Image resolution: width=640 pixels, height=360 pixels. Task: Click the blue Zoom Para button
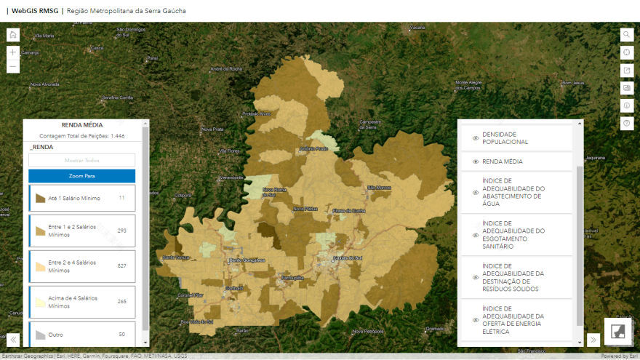[81, 176]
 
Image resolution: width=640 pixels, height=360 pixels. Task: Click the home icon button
[13, 34]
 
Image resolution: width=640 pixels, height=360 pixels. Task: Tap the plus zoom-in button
[13, 52]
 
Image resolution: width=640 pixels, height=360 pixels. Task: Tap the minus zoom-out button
[13, 67]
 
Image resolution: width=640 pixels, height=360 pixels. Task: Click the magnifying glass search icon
[626, 34]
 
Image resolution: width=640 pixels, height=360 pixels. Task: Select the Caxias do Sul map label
[347, 257]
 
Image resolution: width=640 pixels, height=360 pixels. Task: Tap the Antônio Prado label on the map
[313, 148]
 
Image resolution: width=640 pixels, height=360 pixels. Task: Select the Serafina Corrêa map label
[118, 97]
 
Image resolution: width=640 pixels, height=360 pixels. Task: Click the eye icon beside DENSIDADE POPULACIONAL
[476, 137]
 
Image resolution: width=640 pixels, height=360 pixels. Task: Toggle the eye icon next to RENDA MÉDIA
[476, 161]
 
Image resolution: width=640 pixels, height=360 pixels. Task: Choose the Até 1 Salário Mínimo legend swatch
[40, 198]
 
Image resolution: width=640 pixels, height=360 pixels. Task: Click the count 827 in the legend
[121, 265]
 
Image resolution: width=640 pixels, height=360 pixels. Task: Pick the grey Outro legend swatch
[40, 335]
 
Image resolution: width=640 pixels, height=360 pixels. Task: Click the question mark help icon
[626, 124]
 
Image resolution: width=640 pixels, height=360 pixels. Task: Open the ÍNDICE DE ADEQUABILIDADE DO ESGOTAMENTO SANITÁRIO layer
[516, 235]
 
